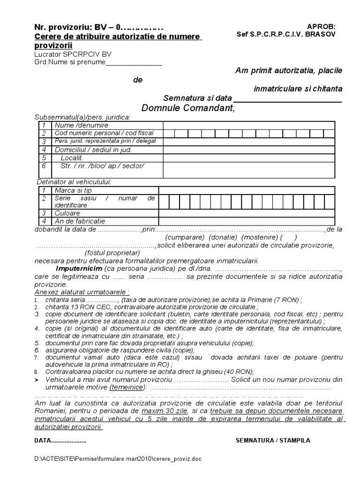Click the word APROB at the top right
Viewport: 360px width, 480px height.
tap(321, 27)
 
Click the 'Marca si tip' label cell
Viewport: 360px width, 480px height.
tap(73, 190)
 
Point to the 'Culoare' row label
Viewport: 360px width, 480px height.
tap(67, 213)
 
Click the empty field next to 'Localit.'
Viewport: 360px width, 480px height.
tap(248, 158)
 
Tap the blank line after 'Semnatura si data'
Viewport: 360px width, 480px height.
tap(287, 98)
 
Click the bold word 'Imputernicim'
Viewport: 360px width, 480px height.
tap(77, 269)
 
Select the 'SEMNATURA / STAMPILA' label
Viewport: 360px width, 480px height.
tap(273, 441)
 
